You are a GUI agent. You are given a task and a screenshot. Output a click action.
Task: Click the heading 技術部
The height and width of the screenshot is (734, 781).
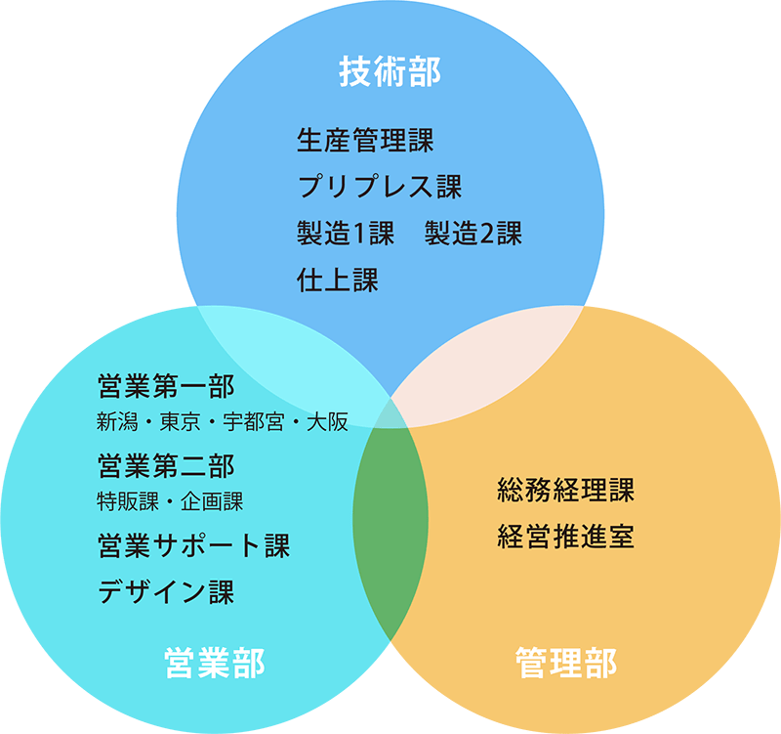click(390, 72)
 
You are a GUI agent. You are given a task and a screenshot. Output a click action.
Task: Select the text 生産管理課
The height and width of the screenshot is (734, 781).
click(365, 140)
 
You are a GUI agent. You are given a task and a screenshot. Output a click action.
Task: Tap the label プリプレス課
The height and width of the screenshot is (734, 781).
click(379, 186)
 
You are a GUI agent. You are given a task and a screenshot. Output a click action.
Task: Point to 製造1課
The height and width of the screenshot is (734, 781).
click(345, 234)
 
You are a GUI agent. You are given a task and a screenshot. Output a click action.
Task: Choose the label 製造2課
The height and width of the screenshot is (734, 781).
click(473, 234)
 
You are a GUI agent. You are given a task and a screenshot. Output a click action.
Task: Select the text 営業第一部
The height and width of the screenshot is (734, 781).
click(166, 387)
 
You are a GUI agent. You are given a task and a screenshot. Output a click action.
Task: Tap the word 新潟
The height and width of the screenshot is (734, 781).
click(118, 423)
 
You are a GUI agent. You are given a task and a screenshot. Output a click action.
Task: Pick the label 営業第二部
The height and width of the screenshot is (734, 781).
click(166, 465)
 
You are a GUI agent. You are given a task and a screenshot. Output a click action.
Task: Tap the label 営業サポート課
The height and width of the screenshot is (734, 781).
click(193, 544)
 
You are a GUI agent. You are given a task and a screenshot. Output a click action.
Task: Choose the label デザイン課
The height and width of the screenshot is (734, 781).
click(166, 591)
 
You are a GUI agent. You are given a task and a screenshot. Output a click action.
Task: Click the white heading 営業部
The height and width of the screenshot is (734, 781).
click(214, 664)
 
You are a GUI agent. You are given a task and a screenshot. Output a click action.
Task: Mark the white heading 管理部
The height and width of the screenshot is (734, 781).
click(565, 664)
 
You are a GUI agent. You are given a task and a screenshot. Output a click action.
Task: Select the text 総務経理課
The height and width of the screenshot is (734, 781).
click(565, 489)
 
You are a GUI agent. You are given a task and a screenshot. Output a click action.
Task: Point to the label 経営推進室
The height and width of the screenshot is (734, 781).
click(565, 537)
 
